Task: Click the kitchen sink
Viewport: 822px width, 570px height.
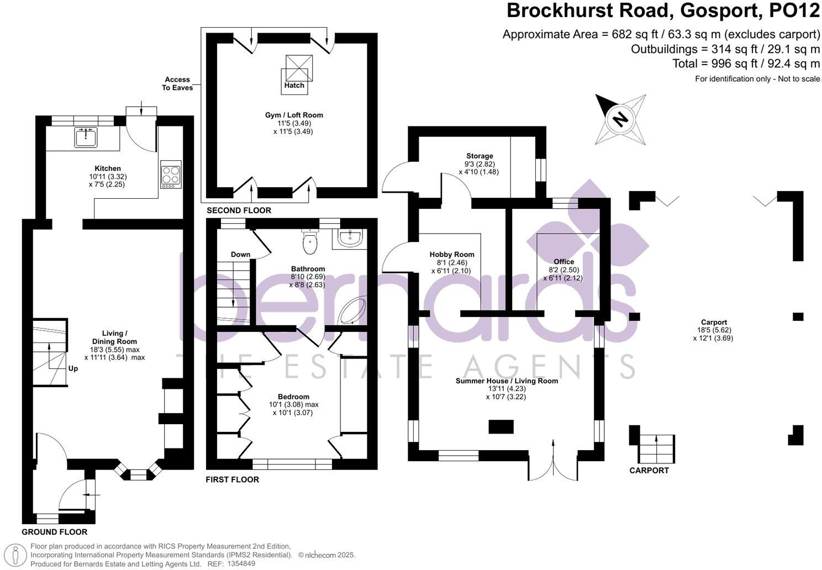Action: [86, 136]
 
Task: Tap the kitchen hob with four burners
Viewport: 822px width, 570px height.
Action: [171, 174]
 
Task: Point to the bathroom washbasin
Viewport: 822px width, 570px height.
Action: [350, 239]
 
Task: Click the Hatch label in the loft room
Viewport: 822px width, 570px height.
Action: [294, 86]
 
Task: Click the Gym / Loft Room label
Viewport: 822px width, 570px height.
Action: [294, 115]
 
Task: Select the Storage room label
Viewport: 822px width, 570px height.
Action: [479, 156]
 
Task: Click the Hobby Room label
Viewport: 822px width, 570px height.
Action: [452, 255]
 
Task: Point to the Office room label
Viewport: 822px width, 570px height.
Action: [563, 262]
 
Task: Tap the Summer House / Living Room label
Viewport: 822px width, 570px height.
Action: [507, 381]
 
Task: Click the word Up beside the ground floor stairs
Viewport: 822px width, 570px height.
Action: [73, 368]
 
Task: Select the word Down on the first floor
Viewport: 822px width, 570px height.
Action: [240, 255]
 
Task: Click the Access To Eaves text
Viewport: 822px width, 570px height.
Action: [178, 83]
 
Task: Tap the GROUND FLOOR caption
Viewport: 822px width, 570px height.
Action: [55, 532]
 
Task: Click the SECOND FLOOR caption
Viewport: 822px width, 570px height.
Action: [239, 210]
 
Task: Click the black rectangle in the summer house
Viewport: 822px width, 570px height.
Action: [501, 426]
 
